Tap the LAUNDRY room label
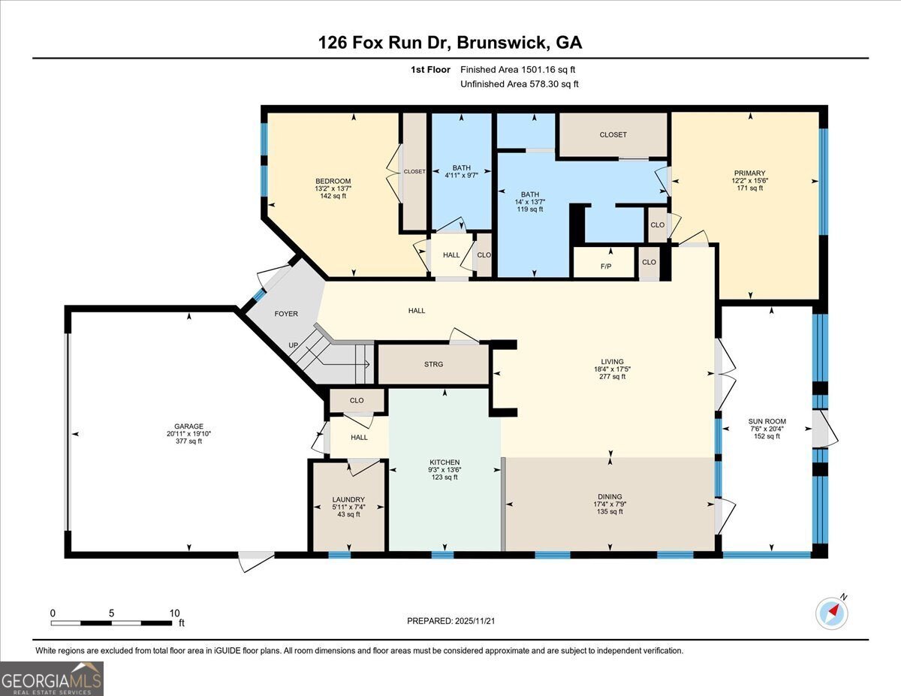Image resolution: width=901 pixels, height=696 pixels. pos(348,499)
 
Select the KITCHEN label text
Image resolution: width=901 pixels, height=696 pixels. pos(444,462)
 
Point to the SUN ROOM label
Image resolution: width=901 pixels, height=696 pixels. pos(767,421)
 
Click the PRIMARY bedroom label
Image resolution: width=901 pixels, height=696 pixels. pos(749,173)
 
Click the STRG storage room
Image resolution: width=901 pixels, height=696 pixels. pos(433,364)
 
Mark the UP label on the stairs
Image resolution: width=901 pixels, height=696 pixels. pos(294,346)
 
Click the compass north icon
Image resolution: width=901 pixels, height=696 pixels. pos(832,612)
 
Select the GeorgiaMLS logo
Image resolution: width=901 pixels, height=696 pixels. pos(52,679)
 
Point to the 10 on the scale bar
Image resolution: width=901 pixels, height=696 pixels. pos(175,613)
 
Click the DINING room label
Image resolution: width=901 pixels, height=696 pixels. pos(610,496)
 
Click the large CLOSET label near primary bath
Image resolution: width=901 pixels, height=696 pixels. pos(613,135)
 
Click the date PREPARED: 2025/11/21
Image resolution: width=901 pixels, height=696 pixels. pos(450,621)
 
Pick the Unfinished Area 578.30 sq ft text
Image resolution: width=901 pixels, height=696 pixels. pos(519,85)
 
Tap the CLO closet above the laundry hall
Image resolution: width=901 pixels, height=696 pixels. pos(357,401)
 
